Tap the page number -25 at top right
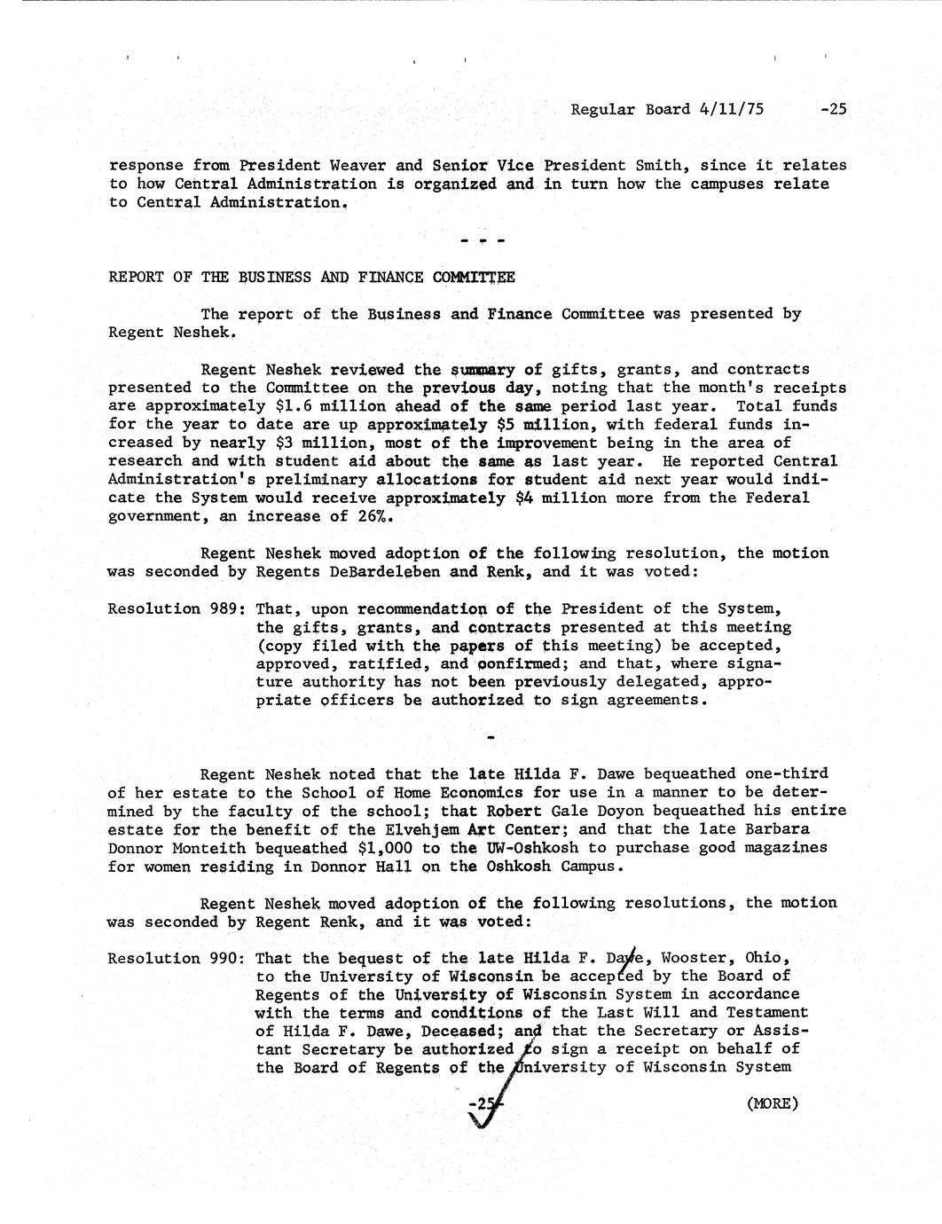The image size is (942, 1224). point(834,109)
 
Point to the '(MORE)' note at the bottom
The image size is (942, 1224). point(773,1103)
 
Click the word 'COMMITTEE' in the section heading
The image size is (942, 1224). point(474,277)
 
